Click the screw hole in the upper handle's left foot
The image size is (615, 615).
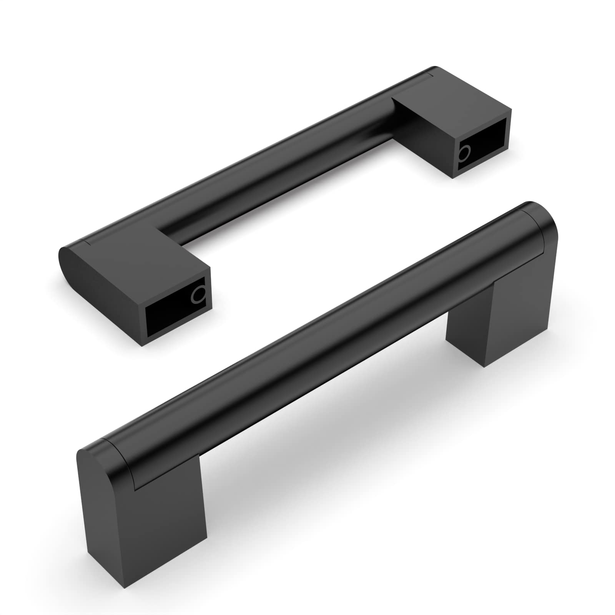199,296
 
